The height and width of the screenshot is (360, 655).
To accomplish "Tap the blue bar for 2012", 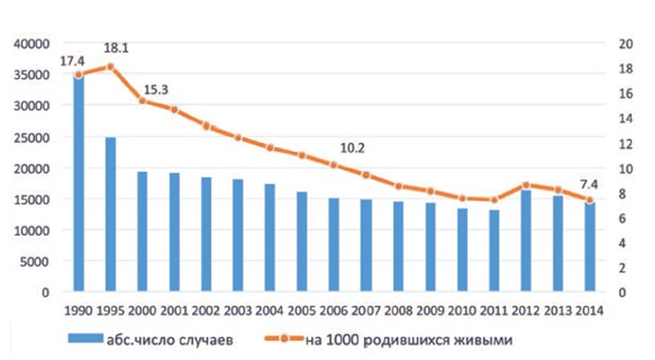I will coord(527,240).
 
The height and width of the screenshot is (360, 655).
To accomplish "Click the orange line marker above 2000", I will coord(143,101).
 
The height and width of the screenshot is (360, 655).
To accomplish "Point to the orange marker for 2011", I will coord(495,200).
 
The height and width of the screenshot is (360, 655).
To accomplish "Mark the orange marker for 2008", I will coord(399,186).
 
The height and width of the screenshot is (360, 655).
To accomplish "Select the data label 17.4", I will coord(73,60).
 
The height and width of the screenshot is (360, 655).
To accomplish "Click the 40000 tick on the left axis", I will coord(34,44).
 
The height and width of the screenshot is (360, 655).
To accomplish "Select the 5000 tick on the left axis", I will coord(37,261).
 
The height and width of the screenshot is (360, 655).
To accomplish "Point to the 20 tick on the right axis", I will coord(625,44).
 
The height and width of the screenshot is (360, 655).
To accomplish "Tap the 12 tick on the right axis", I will coord(625,143).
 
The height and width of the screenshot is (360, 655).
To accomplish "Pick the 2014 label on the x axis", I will coord(589,309).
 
